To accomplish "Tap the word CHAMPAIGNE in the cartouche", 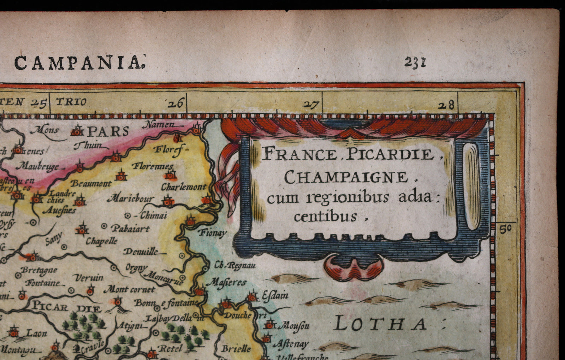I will coord(346,177).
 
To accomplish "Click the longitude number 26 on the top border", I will coord(176,104).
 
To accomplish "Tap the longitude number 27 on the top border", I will coord(311,105).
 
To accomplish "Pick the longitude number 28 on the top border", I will coord(446,105).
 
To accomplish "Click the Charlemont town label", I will coord(183,187).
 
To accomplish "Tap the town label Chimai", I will coord(153,215).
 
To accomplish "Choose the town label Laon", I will coord(36,332).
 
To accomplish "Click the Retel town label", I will coord(171,349).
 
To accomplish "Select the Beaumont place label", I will coord(91,183).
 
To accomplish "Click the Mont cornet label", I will coord(129,290).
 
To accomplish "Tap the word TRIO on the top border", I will coord(71,102).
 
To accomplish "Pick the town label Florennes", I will coord(152,166).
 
